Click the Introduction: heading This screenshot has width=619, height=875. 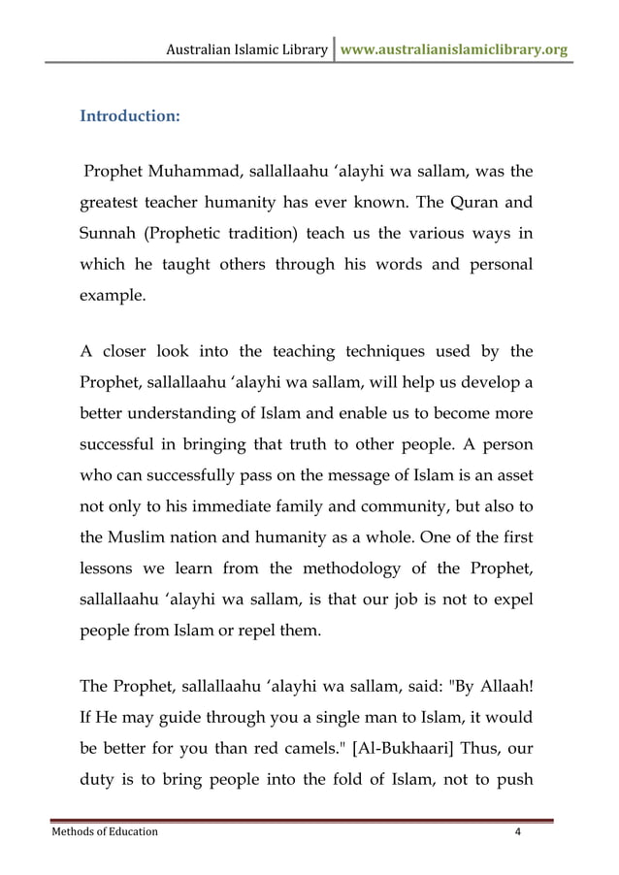pos(129,116)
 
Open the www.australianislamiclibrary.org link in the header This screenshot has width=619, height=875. pos(454,49)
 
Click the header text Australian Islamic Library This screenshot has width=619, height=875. pos(247,49)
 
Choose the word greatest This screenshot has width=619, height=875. pos(114,204)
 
